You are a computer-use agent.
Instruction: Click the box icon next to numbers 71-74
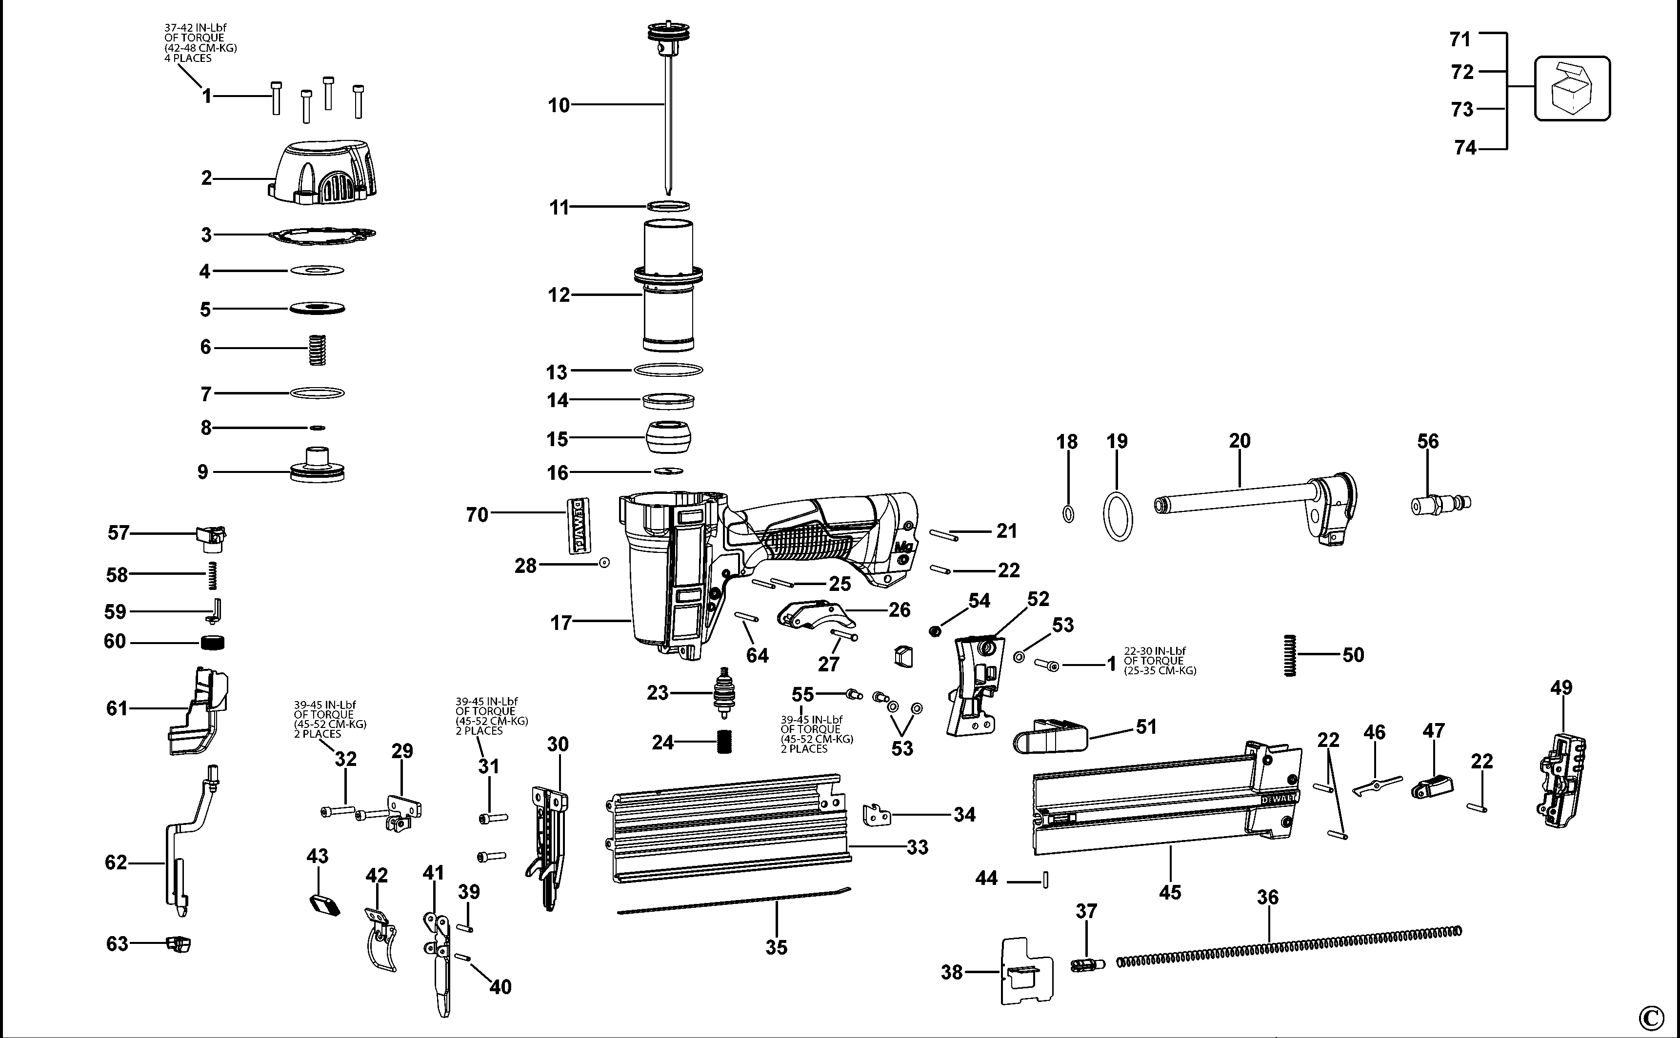tap(1572, 89)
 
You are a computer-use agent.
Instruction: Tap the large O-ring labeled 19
tap(1118, 515)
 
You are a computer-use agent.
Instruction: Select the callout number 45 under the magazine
tap(1170, 892)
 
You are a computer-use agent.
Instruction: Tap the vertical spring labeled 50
tap(1290, 655)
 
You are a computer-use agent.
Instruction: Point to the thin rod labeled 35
tap(734, 901)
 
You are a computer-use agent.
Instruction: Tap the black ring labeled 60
tap(212, 643)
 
